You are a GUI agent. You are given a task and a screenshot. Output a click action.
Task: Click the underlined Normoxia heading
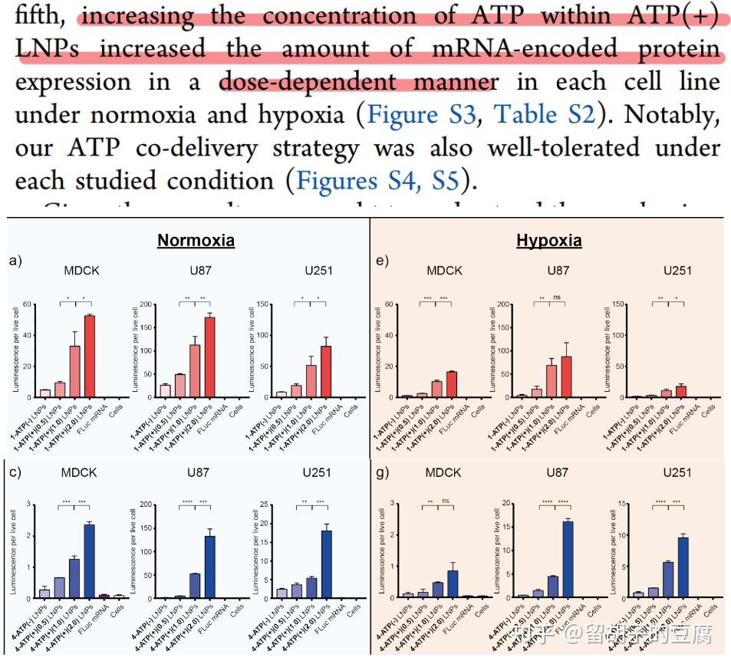click(x=196, y=241)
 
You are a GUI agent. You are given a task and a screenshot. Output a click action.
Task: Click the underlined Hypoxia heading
click(x=548, y=241)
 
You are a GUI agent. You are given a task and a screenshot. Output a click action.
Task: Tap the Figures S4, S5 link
click(x=377, y=181)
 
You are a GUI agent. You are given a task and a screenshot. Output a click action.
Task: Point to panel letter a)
click(x=16, y=261)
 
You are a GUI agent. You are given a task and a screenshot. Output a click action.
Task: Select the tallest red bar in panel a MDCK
click(x=90, y=357)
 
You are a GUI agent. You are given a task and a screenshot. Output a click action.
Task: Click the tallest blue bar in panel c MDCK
click(x=90, y=561)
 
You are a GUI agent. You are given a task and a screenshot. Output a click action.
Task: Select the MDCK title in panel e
click(x=443, y=270)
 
